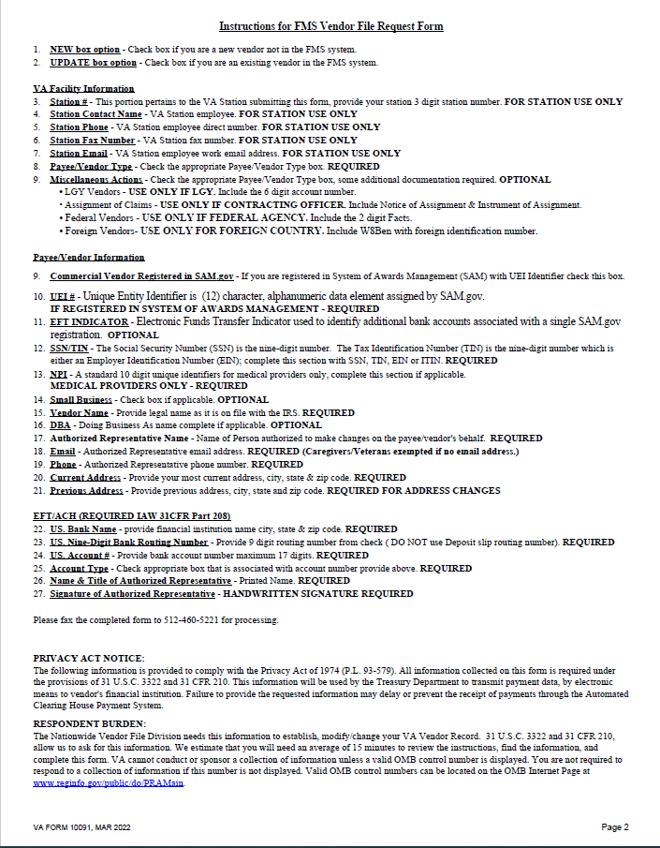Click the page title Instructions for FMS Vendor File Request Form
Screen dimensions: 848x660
tap(330, 26)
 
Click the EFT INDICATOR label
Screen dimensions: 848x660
tap(90, 321)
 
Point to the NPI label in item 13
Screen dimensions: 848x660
tap(58, 374)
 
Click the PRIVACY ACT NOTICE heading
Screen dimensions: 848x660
tap(89, 659)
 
